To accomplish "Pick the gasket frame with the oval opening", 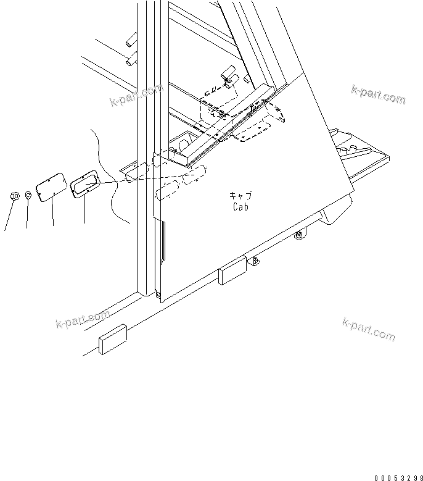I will pos(84,183).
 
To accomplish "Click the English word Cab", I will pos(241,207).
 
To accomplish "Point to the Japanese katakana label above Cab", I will pos(240,196).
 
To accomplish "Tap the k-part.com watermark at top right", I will pos(378,94).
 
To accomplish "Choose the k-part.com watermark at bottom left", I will pos(82,319).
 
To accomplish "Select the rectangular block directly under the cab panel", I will pos(232,272).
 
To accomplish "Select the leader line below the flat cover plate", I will pos(52,213).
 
